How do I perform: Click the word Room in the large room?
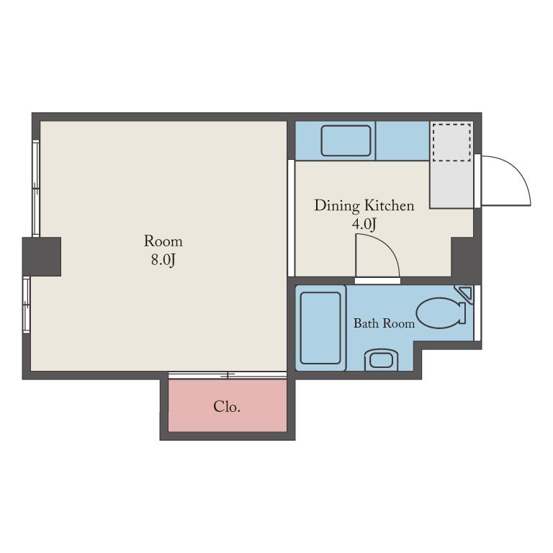pos(163,241)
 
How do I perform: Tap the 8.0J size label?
pos(163,259)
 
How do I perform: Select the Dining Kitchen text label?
pos(364,206)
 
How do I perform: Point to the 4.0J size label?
pos(364,224)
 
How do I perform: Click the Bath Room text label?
pos(384,323)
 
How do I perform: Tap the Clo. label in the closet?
pos(227,407)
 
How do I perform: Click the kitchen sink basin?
pos(346,140)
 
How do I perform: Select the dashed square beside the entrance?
pos(451,143)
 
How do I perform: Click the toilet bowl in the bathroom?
pos(441,313)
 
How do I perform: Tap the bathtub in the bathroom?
pos(320,328)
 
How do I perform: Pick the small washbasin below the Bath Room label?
pos(381,361)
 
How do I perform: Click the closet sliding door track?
pos(228,375)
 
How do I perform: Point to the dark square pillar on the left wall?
pos(42,256)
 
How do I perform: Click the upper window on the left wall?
pos(36,189)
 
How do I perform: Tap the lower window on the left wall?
pos(27,305)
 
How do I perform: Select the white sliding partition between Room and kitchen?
pos(291,218)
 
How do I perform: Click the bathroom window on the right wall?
pos(477,313)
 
